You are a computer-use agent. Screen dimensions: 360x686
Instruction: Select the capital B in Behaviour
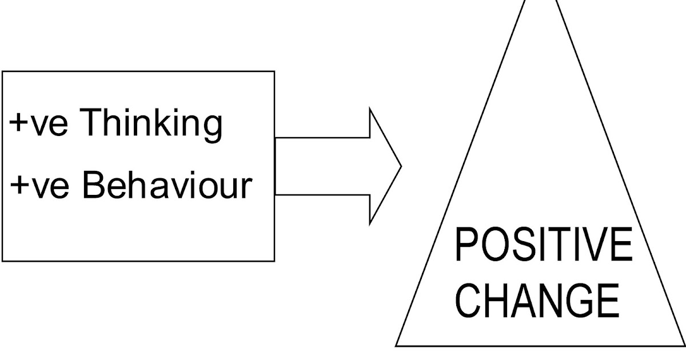point(94,185)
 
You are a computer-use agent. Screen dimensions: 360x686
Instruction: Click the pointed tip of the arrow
point(401,166)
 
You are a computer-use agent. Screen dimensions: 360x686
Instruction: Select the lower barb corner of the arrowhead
point(370,223)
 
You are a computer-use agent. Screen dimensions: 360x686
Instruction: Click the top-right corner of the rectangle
point(274,71)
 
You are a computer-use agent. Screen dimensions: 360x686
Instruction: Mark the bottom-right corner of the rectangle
point(274,261)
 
